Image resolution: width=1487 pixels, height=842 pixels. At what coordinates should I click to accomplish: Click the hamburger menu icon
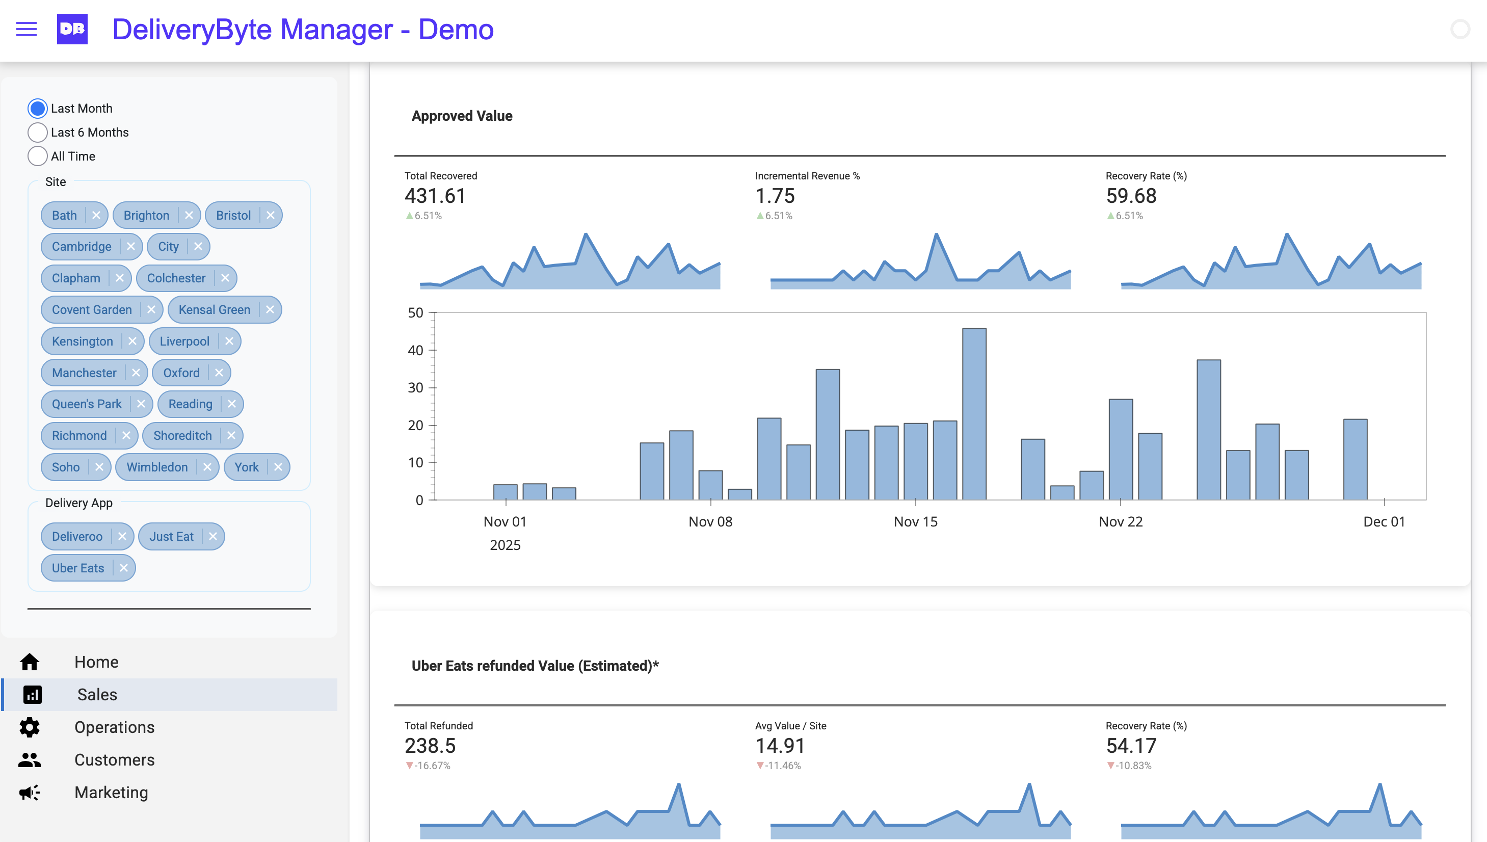[x=26, y=29]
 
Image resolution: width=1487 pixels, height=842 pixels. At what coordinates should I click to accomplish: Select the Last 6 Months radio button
[x=38, y=133]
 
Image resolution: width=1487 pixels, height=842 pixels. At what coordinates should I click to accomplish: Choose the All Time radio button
[x=38, y=156]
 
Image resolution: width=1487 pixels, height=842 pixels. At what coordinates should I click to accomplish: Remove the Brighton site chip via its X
[x=189, y=215]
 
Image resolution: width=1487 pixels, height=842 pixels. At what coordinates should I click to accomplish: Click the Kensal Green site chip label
[x=214, y=310]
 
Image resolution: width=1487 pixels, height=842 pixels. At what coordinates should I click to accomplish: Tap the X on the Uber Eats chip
[x=124, y=568]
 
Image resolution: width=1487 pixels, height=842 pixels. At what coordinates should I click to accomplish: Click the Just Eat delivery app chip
[x=171, y=537]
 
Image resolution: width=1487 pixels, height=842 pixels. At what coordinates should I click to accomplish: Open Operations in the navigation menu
[x=114, y=727]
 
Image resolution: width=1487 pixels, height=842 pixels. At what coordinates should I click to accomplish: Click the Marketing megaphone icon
[x=30, y=792]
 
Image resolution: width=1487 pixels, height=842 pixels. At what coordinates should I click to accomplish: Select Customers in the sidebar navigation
[x=114, y=760]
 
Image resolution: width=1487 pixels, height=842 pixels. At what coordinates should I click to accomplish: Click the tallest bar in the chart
[x=974, y=413]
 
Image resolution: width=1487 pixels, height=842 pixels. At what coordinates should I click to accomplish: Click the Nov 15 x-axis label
[x=915, y=521]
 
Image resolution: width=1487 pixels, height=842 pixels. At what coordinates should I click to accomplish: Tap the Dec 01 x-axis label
[x=1384, y=521]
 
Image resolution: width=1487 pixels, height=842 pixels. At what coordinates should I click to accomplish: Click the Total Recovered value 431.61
[x=435, y=196]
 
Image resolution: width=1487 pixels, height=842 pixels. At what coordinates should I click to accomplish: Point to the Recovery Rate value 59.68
[x=1131, y=196]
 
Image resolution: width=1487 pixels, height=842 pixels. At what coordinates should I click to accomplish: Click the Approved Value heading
[x=461, y=116]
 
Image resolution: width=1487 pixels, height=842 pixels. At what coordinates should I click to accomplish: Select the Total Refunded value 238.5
[x=430, y=746]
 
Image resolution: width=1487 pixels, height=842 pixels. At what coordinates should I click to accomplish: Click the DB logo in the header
[x=72, y=29]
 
